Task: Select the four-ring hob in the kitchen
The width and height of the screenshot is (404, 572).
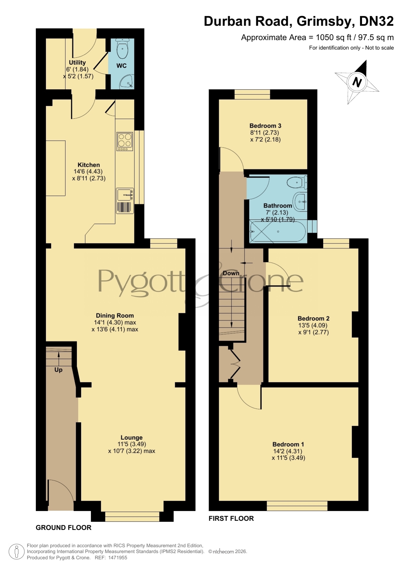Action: click(x=125, y=141)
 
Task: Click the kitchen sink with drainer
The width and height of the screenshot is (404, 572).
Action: click(x=125, y=201)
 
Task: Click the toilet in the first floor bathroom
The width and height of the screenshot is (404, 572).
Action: click(x=297, y=182)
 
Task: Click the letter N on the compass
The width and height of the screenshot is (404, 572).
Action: click(x=357, y=82)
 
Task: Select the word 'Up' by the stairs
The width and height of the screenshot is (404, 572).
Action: click(x=58, y=370)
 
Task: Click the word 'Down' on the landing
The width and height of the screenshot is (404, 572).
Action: click(x=231, y=273)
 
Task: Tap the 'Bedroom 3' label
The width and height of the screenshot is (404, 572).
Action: click(x=265, y=126)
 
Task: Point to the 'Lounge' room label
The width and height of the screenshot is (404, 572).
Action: click(x=132, y=438)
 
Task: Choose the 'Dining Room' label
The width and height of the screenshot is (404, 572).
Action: click(x=115, y=315)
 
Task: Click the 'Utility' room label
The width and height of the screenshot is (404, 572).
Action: click(x=77, y=63)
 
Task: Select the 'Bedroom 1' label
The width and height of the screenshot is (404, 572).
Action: click(x=288, y=445)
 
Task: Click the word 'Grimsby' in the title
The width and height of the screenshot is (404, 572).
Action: click(x=325, y=22)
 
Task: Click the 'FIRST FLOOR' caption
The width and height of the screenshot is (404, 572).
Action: click(x=231, y=519)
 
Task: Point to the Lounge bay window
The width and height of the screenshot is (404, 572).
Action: click(x=132, y=517)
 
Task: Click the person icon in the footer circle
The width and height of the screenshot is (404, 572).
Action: click(x=16, y=552)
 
